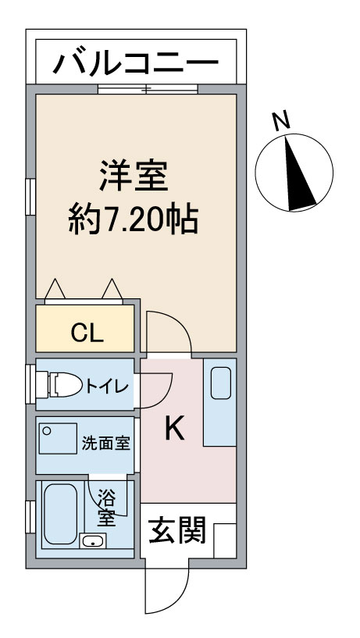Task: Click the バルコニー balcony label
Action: coord(137,63)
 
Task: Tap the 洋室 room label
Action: coord(134,176)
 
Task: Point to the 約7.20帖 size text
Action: coord(133,219)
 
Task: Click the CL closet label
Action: coord(87,333)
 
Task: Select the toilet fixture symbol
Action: coord(59,384)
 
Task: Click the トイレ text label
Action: coord(106,385)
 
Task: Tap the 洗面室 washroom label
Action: coord(105,443)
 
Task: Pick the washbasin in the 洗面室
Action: coord(58,438)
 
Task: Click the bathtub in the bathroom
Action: coord(60,514)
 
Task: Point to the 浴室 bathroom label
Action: coord(106,508)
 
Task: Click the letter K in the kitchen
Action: coord(175,429)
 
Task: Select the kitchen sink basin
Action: coord(221,383)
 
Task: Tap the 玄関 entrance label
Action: coord(177,530)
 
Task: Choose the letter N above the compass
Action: coord(281,120)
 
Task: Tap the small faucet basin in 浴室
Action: coord(93,541)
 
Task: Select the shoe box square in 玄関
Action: coord(225,540)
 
